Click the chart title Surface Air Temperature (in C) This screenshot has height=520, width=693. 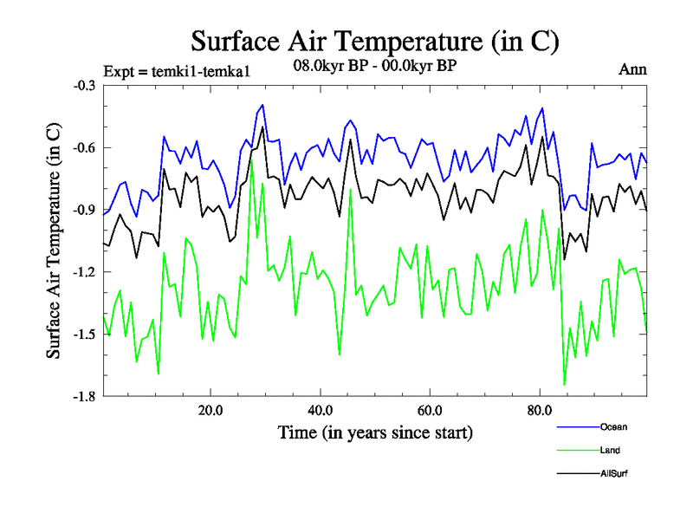click(374, 41)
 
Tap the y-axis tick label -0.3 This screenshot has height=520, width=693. click(84, 86)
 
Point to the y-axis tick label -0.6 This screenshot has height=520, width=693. click(84, 148)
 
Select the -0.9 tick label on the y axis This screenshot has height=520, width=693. click(84, 211)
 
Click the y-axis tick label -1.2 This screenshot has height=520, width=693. click(84, 273)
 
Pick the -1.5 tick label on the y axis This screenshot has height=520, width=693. click(84, 335)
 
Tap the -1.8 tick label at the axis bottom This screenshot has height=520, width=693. click(84, 398)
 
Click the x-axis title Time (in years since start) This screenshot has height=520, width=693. click(375, 431)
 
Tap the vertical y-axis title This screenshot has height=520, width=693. click(54, 241)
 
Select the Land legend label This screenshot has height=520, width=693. click(610, 450)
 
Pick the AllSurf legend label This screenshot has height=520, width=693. click(613, 473)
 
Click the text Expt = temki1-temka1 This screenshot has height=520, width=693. click(176, 72)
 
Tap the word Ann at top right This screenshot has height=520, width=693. click(632, 69)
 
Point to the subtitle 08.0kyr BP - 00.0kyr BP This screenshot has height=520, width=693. click(375, 65)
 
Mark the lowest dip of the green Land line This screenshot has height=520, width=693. click(565, 384)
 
